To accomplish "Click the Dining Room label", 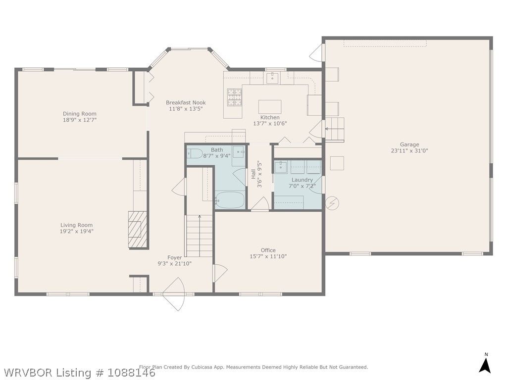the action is click(x=80, y=114).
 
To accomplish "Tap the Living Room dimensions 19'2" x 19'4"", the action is click(x=77, y=232).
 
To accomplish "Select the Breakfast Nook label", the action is click(x=186, y=103).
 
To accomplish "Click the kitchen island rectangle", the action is click(x=270, y=107).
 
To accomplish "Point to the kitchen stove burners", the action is click(x=234, y=97).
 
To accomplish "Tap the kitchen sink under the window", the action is click(x=273, y=78).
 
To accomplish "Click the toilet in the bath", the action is click(x=195, y=153).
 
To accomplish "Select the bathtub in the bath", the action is click(x=230, y=200).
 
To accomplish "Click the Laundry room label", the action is click(x=303, y=180).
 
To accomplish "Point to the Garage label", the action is click(x=409, y=145).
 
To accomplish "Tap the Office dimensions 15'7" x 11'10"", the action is click(x=268, y=257).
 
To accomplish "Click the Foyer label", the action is click(x=175, y=257).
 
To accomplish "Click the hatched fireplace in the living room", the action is click(x=138, y=230).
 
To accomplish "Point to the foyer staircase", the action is click(x=199, y=236).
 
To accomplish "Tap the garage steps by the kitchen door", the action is click(x=334, y=130).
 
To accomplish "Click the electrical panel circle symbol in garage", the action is click(x=332, y=203).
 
